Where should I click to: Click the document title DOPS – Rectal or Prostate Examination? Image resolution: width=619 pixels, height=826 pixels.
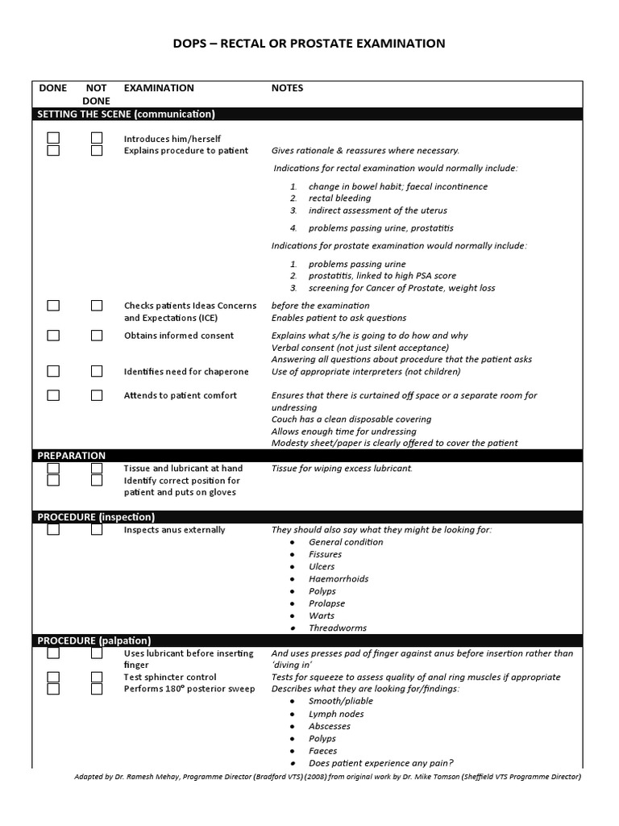tap(309, 44)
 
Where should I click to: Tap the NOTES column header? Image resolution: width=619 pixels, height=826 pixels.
tap(287, 88)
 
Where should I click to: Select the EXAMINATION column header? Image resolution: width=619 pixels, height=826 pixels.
tap(159, 88)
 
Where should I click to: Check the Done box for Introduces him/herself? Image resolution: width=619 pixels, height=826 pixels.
tap(53, 138)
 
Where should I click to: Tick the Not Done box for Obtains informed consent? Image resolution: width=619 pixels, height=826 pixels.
tap(97, 336)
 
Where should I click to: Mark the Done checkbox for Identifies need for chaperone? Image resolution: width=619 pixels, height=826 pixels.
tap(53, 371)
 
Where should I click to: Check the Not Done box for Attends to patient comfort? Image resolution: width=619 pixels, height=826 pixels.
tap(97, 395)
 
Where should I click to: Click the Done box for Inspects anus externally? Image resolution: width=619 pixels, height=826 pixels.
tap(53, 530)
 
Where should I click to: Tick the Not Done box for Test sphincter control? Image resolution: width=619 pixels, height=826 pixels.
tap(97, 678)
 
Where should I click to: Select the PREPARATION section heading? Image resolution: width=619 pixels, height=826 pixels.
tap(72, 456)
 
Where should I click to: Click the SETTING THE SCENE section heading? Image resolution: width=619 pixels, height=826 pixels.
tap(126, 115)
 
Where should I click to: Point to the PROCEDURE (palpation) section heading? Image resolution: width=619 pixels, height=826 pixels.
tap(94, 640)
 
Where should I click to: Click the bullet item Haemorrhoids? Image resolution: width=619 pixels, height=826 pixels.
tap(339, 579)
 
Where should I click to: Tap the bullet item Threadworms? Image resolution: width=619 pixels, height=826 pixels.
tap(337, 628)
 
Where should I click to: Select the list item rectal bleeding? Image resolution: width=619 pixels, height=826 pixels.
tap(339, 198)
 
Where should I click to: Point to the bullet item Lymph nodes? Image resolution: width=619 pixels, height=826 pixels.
tap(336, 714)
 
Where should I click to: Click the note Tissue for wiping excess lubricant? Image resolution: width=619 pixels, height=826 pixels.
tap(342, 469)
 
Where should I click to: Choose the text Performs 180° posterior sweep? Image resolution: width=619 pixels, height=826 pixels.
tap(189, 689)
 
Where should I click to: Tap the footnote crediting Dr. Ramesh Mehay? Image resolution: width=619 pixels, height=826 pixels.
tap(326, 777)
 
